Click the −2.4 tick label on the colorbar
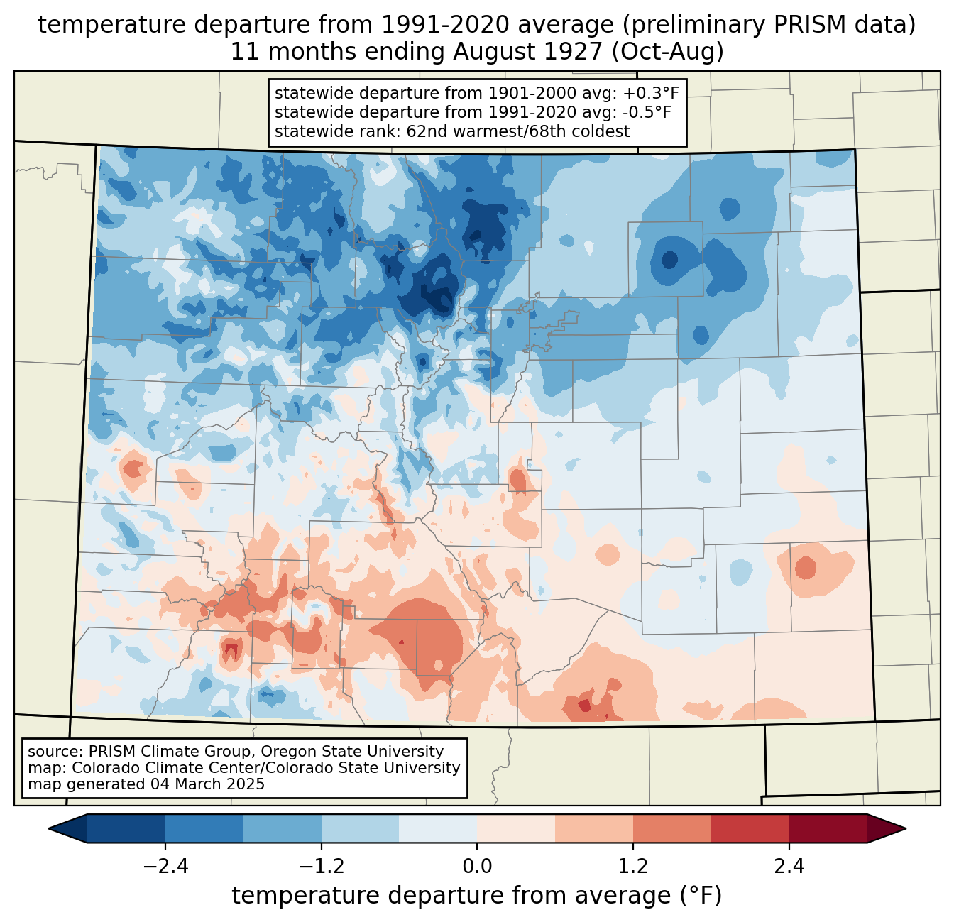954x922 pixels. click(x=165, y=866)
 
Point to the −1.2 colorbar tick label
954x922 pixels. click(x=322, y=866)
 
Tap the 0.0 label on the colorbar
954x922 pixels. click(x=477, y=866)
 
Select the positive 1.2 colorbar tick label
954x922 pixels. click(x=633, y=866)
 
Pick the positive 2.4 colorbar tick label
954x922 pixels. click(x=789, y=866)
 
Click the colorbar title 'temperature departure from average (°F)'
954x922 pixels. click(x=477, y=896)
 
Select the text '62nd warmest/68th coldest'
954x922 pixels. click(x=517, y=131)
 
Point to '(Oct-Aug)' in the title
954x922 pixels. click(x=667, y=52)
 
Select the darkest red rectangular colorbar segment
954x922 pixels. click(x=828, y=829)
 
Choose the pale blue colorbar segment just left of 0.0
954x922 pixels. click(x=438, y=829)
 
